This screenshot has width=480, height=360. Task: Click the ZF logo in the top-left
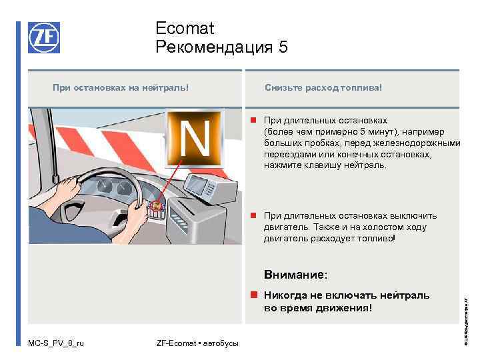(x=44, y=37)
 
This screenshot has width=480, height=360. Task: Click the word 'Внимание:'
(x=295, y=274)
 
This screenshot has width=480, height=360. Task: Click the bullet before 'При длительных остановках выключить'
(x=254, y=216)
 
